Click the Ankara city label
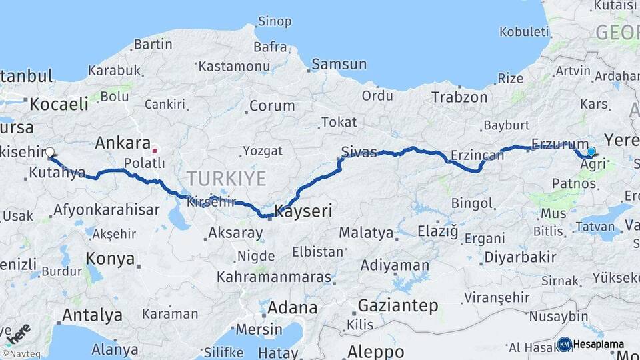[123, 143]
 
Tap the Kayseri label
[303, 212]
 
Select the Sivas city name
[359, 150]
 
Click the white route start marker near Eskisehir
[50, 152]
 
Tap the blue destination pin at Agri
[591, 151]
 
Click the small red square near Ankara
[155, 150]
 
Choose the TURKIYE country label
[226, 179]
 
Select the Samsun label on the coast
[339, 64]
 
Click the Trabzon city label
[459, 97]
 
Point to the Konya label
[111, 258]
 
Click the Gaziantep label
[398, 306]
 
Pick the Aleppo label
[376, 351]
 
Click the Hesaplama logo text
[598, 344]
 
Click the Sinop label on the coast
[274, 21]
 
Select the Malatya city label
[366, 233]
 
